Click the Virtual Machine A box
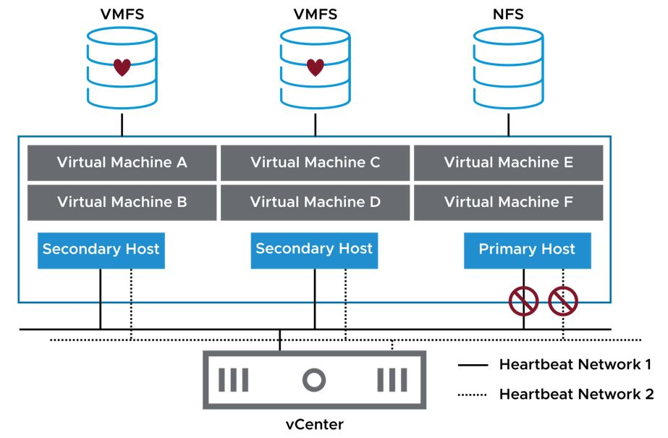click(122, 163)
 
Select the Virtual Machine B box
click(122, 202)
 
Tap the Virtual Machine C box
click(315, 163)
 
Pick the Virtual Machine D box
click(315, 202)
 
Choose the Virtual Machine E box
click(508, 163)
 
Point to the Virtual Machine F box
click(508, 202)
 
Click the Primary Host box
click(527, 250)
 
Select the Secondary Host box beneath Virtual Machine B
click(101, 250)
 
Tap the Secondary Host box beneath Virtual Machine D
click(314, 250)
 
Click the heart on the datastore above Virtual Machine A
click(122, 68)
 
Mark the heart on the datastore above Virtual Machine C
click(315, 68)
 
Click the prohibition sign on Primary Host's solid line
click(523, 301)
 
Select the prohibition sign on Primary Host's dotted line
click(563, 301)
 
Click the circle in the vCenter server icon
click(314, 379)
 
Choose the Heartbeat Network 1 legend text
click(575, 364)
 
